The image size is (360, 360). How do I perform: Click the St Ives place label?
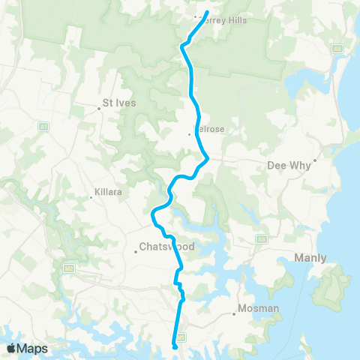118,103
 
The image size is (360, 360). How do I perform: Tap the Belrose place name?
209,128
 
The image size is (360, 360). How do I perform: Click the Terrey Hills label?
224,20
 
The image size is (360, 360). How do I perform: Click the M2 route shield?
69,267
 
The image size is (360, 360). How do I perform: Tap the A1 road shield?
43,127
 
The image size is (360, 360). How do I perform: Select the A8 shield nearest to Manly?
261,238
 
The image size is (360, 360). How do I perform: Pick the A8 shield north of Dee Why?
338,48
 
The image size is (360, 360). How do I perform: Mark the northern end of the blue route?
207,11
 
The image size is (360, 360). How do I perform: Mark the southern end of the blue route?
175,346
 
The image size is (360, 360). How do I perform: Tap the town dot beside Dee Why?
316,160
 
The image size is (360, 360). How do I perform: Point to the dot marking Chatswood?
135,252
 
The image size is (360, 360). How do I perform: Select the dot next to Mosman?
232,313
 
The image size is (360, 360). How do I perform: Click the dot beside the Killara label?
89,197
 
